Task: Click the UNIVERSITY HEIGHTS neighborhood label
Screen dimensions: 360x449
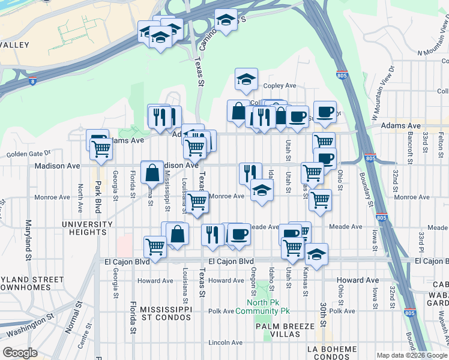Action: click(88, 228)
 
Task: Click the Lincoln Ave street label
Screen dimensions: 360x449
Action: click(226, 343)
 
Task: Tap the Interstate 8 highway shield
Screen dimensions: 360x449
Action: click(32, 79)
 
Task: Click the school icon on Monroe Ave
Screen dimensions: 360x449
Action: click(262, 191)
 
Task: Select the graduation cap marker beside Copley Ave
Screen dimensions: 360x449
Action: click(246, 79)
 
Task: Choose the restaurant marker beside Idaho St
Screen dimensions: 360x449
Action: click(250, 173)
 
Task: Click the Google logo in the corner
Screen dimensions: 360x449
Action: click(20, 353)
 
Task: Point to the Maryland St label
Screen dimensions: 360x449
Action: click(28, 240)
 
